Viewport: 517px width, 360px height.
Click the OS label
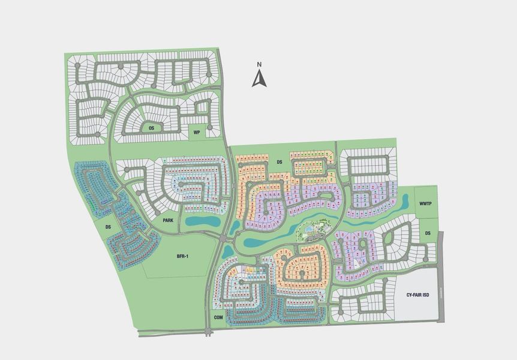pos(152,128)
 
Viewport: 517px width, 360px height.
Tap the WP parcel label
pos(196,133)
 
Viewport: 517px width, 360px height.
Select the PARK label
pos(168,221)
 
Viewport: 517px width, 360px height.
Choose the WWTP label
pos(426,205)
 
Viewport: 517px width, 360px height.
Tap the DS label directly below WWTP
pos(428,233)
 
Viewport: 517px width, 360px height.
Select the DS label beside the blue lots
pos(109,227)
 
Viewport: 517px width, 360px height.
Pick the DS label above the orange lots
pos(279,162)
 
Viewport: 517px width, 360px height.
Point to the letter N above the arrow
pos(258,65)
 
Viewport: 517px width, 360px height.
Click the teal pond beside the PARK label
pos(202,221)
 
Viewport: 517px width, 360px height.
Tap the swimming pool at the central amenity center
pos(309,228)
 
